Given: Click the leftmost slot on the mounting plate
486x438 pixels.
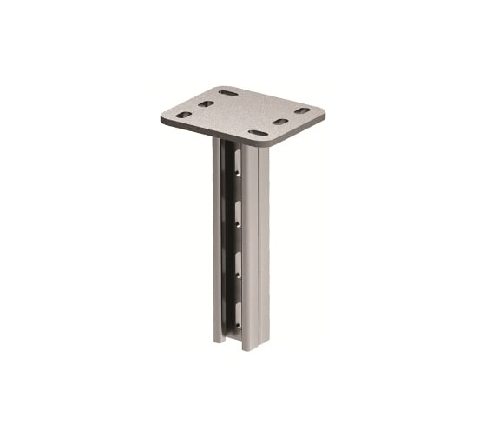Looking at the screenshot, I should [179, 114].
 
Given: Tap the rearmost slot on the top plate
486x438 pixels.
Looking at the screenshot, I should [228, 93].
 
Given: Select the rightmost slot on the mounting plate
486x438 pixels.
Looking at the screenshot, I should [301, 110].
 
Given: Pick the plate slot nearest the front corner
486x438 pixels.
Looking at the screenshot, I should [258, 133].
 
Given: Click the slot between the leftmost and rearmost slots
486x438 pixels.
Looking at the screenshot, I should [206, 103].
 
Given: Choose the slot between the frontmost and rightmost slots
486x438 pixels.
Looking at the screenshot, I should [279, 122].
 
